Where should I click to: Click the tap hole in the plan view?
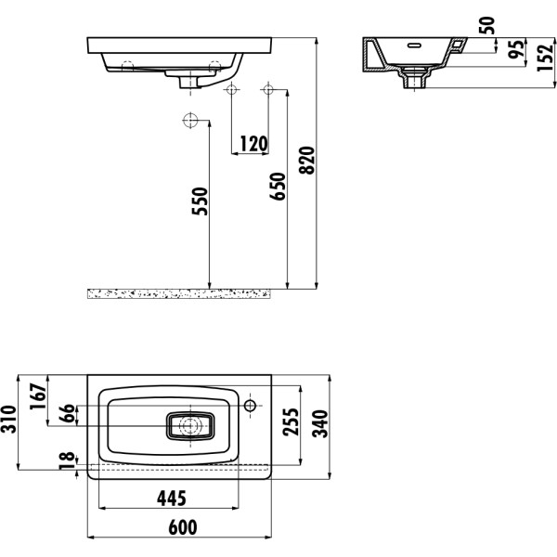click(x=251, y=406)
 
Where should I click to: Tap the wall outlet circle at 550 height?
click(x=191, y=120)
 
